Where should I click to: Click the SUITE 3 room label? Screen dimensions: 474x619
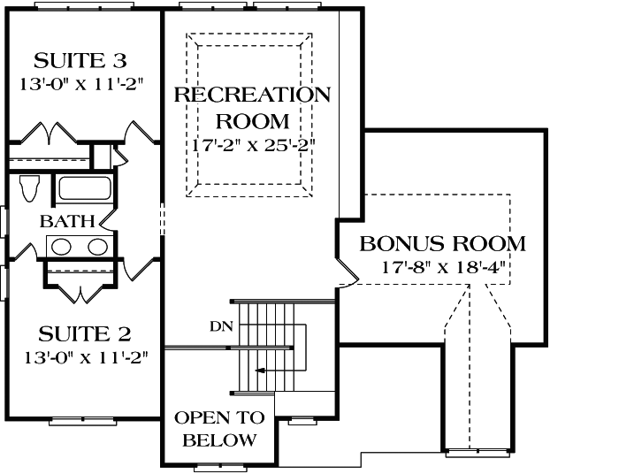[x=80, y=61]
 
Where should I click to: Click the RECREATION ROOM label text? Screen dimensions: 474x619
[x=252, y=106]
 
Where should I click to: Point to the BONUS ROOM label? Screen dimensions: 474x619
[x=443, y=243]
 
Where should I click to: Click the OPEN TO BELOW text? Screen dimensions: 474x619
[x=215, y=428]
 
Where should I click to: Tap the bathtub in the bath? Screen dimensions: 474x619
[x=84, y=189]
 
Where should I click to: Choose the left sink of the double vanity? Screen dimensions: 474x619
[x=61, y=247]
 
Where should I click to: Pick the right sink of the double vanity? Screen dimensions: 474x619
[x=98, y=247]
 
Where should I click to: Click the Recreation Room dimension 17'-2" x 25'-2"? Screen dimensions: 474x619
[x=253, y=143]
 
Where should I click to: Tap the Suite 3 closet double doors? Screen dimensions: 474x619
[x=46, y=134]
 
